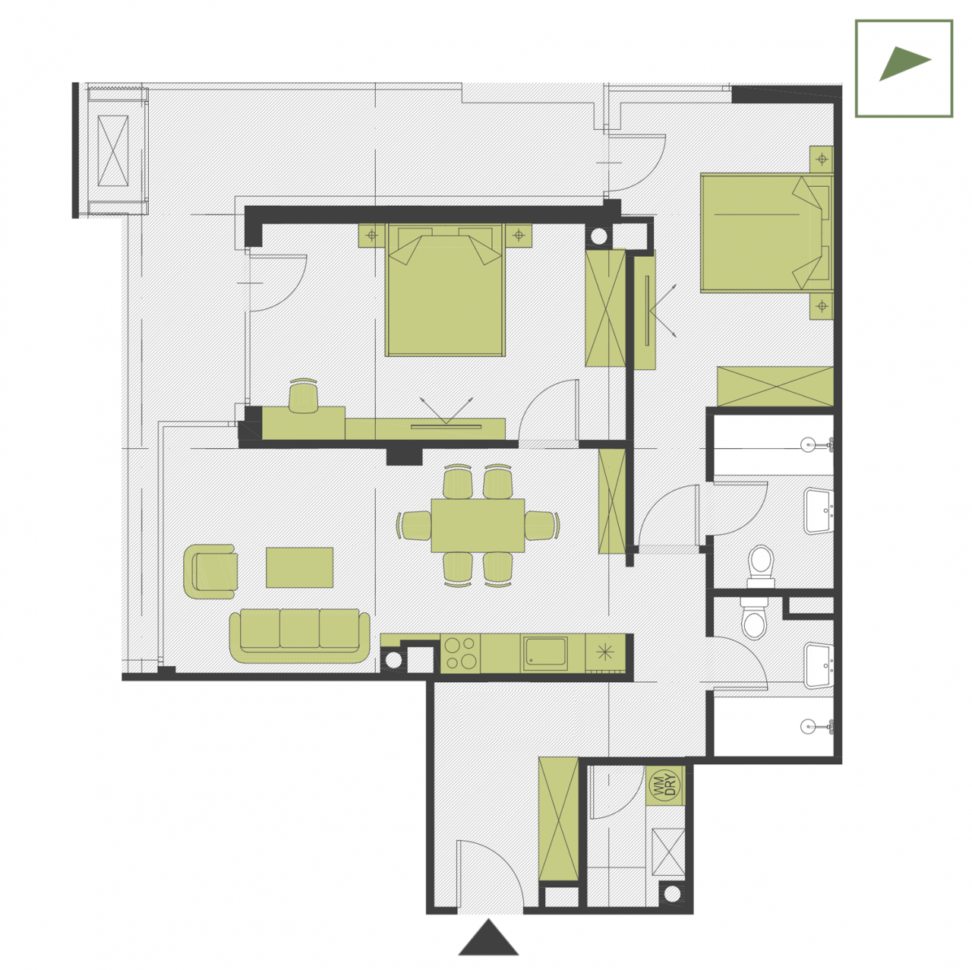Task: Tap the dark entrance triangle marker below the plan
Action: click(x=488, y=937)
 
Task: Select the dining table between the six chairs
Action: click(x=477, y=525)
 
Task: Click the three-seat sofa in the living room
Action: click(x=299, y=637)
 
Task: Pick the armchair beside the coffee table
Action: click(x=210, y=571)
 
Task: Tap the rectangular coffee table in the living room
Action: click(x=299, y=567)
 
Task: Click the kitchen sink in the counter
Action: click(x=544, y=653)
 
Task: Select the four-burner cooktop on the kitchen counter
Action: click(x=460, y=653)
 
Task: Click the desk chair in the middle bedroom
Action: click(x=303, y=396)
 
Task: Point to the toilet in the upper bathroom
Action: click(x=761, y=567)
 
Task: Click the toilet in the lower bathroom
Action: click(x=753, y=619)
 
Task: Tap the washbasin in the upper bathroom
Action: click(x=819, y=510)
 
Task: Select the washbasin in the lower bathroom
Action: click(x=819, y=665)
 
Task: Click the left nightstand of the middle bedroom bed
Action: click(x=372, y=235)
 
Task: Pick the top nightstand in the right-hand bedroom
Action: click(x=821, y=160)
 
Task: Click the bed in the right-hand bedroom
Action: click(x=766, y=232)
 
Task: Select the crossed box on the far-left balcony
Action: click(x=112, y=150)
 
